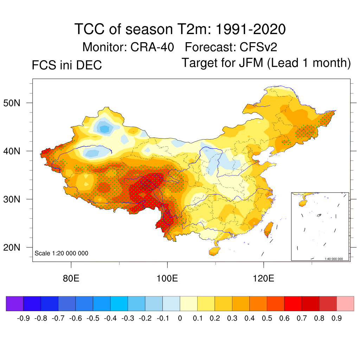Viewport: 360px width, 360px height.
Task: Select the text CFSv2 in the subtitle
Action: [x=258, y=47]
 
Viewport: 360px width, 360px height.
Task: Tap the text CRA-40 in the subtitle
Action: [x=152, y=47]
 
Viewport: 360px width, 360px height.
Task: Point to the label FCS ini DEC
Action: [x=67, y=65]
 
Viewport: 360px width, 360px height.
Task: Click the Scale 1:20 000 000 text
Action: [x=62, y=253]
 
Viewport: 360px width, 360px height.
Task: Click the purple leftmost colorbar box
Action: [x=14, y=303]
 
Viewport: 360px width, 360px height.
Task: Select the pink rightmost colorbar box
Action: [x=345, y=303]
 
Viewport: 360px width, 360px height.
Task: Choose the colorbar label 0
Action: [x=180, y=319]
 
